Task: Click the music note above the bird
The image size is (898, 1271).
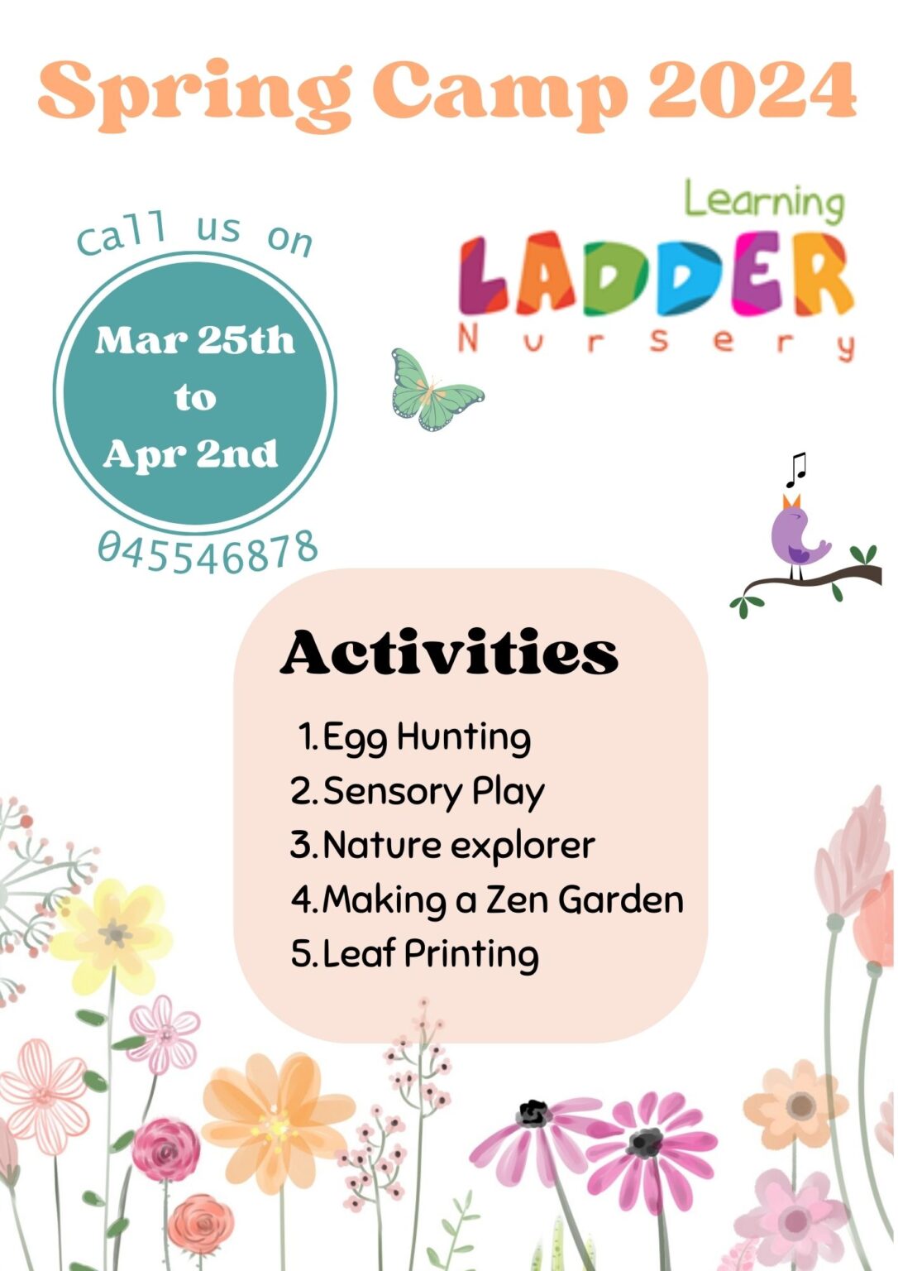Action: click(x=795, y=469)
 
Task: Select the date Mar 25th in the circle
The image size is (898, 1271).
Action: click(x=195, y=340)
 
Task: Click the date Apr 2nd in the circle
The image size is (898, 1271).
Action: click(x=191, y=453)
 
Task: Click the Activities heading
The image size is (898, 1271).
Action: click(x=449, y=653)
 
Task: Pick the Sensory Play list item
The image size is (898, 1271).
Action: click(x=418, y=791)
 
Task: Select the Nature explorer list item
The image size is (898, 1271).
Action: click(x=442, y=845)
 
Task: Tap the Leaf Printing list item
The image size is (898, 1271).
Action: click(x=415, y=953)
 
